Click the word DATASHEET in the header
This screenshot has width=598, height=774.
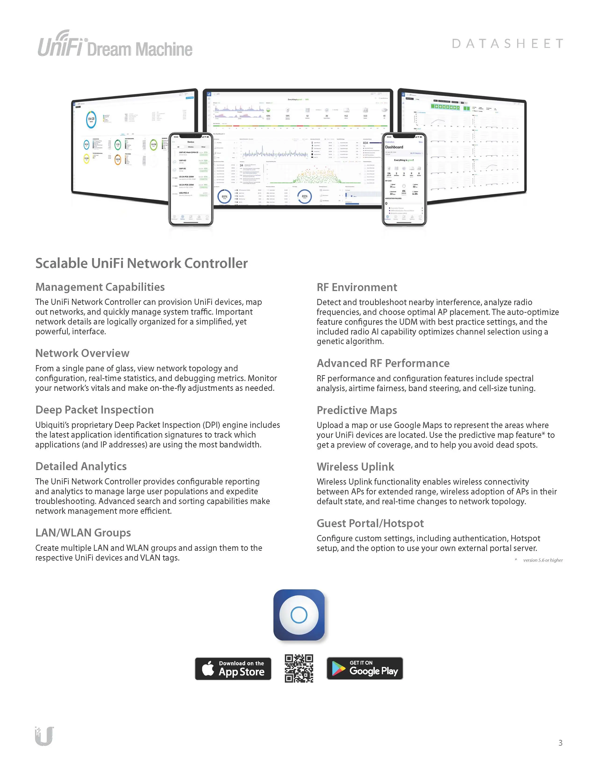507,43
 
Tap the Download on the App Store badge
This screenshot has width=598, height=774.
233,668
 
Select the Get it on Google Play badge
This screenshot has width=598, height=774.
365,668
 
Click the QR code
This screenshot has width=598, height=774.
299,668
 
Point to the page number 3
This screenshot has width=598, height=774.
560,743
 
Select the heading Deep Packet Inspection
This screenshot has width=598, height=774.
95,410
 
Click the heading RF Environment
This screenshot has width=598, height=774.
357,287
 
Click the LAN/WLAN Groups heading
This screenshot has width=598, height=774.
83,533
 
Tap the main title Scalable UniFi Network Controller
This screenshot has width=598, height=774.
142,263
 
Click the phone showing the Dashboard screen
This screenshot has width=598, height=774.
404,179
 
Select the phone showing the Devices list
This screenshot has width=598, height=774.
191,179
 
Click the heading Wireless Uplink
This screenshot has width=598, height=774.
355,467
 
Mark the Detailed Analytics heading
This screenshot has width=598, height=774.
81,466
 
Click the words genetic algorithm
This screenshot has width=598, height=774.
350,341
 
